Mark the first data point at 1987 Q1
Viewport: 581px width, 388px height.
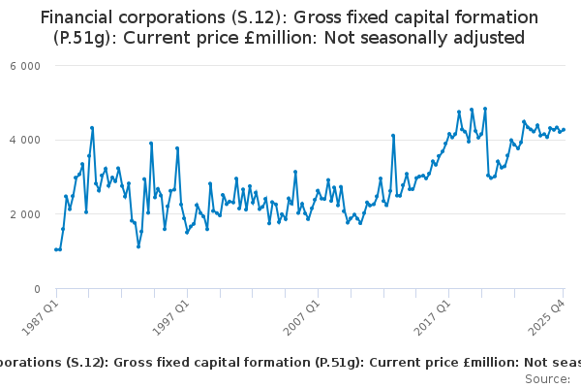pos(56,249)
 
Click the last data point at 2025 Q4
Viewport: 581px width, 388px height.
pos(564,130)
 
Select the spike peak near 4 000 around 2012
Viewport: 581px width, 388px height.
pos(393,136)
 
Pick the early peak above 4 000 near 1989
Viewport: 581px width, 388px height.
pos(92,127)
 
